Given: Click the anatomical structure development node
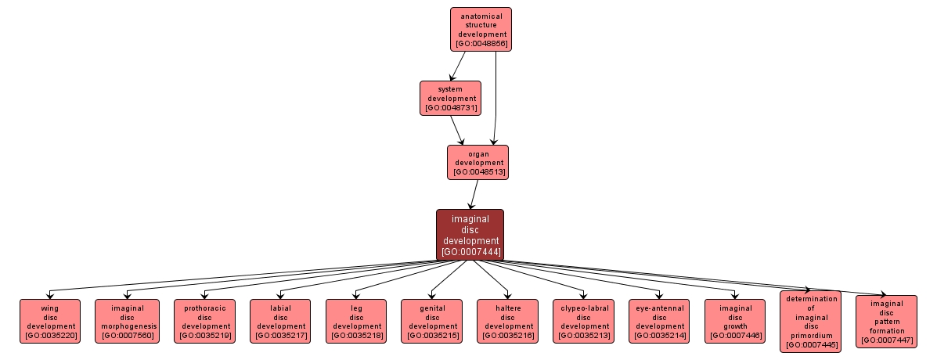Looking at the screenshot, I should [x=481, y=29].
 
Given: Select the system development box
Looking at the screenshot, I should [x=449, y=98].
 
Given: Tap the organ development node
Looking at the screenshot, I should [x=478, y=162].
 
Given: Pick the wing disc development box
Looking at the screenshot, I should [x=50, y=321].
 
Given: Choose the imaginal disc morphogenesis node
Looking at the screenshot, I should [x=127, y=321].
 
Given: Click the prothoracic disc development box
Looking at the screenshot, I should [x=203, y=321].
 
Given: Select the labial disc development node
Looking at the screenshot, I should [x=279, y=321].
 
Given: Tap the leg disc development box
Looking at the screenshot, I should [x=356, y=321].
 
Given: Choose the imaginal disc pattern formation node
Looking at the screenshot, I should [x=886, y=321].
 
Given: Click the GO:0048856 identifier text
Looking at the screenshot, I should [x=481, y=44].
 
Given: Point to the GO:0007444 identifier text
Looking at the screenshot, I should [x=470, y=252].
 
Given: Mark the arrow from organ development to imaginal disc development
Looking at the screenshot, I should [x=474, y=194].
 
